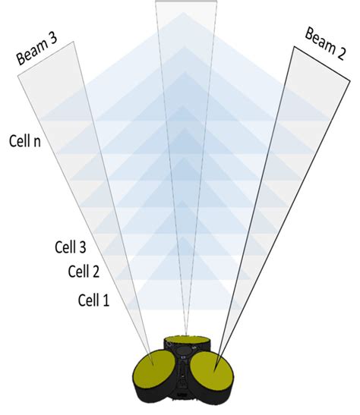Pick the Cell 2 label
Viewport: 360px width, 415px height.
coord(84,271)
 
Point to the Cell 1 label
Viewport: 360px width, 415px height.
coord(94,300)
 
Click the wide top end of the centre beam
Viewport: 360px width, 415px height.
coord(182,2)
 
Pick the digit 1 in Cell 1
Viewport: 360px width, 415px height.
coord(106,300)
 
